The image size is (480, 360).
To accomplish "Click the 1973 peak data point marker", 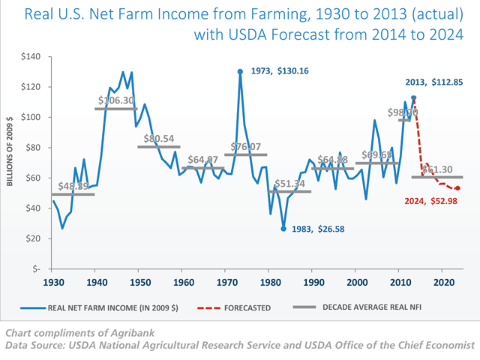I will [x=240, y=72].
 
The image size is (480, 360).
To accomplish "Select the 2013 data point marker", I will [x=413, y=97].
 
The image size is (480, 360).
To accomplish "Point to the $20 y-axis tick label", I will [x=33, y=238].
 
